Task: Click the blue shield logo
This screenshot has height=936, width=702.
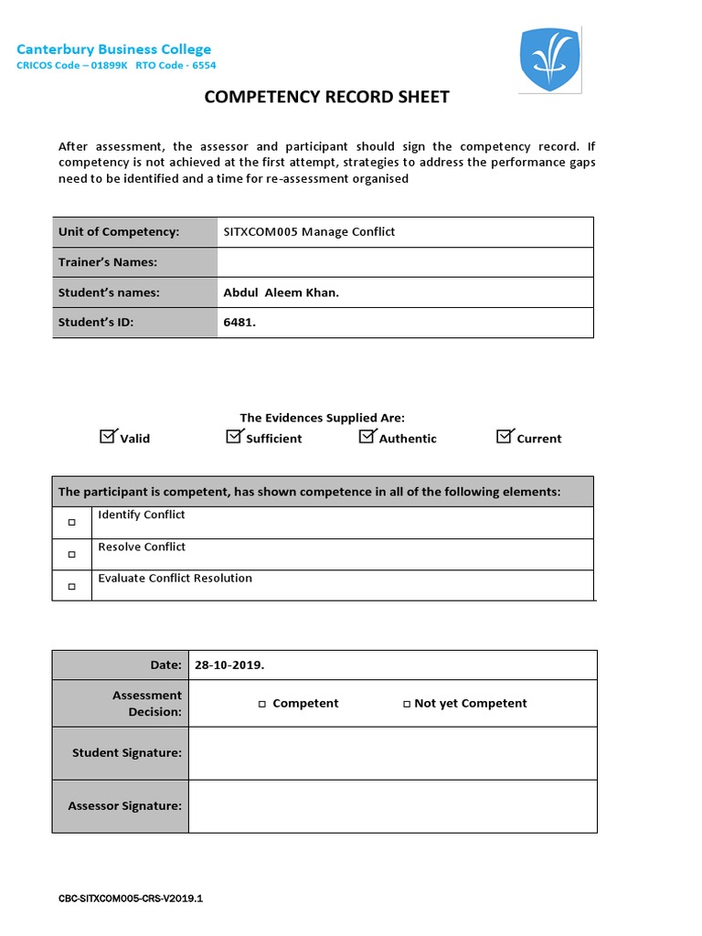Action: point(549,59)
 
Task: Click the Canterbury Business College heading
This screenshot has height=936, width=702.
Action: point(113,49)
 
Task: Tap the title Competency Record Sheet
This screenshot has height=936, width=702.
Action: point(326,97)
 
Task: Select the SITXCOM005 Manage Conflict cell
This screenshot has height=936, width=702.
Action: point(309,232)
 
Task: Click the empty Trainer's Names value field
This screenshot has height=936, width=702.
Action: point(405,262)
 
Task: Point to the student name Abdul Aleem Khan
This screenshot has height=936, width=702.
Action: point(282,292)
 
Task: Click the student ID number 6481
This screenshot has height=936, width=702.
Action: point(239,322)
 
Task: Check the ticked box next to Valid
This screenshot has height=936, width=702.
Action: point(108,437)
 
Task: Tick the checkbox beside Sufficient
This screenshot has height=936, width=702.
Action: point(234,437)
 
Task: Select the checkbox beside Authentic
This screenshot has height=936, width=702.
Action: point(367,437)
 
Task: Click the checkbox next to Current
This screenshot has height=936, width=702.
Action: point(505,437)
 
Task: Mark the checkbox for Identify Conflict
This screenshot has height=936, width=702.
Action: point(72,523)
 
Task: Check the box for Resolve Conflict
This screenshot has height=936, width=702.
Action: point(72,555)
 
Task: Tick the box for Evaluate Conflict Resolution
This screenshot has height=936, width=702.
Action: point(72,586)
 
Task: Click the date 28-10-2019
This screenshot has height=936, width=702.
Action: point(229,665)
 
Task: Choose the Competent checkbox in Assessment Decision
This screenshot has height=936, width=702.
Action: point(262,704)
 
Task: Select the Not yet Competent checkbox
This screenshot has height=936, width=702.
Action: point(407,704)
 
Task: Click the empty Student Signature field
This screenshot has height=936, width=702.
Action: point(392,753)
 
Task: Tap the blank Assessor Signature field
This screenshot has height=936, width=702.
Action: point(392,806)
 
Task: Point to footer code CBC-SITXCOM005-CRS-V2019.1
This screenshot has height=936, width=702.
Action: point(131,899)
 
